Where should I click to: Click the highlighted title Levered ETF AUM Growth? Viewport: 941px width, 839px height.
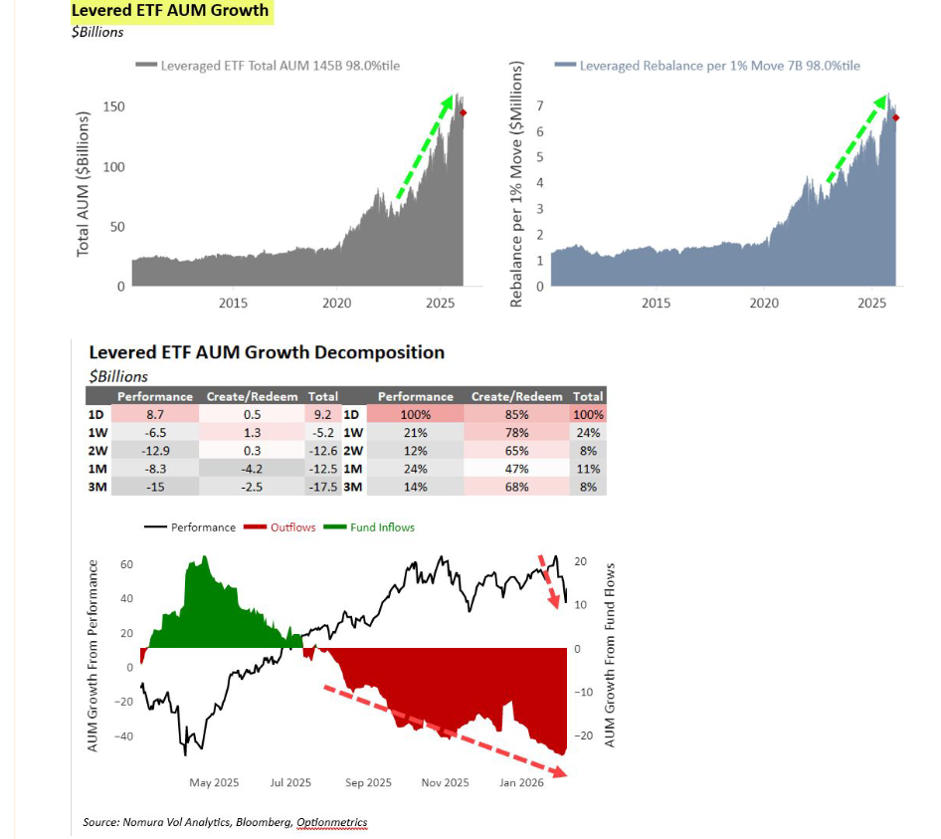tap(170, 11)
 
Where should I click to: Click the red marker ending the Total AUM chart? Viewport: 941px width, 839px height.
tap(464, 113)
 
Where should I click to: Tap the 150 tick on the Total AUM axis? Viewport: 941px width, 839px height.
tap(114, 106)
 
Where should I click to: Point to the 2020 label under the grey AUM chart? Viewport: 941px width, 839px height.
tap(337, 303)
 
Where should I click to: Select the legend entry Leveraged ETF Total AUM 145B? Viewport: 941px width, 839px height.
tap(275, 65)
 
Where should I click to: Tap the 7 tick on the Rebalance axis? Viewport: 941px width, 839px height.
tap(539, 105)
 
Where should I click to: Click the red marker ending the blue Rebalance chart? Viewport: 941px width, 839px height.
tap(896, 118)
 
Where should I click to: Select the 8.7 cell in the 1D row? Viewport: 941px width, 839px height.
tap(154, 414)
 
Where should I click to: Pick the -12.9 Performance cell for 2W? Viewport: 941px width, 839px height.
tap(154, 451)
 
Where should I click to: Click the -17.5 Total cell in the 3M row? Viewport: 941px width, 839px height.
tap(323, 487)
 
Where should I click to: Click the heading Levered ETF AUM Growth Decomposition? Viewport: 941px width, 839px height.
tap(267, 352)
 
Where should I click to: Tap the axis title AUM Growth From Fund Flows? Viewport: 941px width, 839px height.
tap(611, 656)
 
